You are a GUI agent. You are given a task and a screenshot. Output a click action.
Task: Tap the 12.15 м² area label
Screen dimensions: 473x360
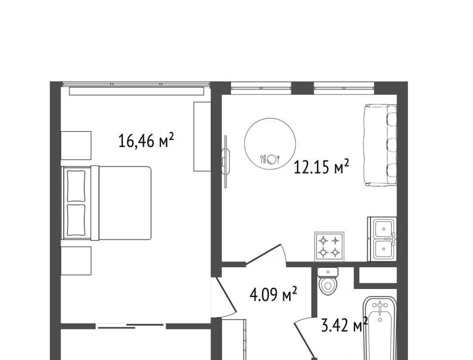[321, 167]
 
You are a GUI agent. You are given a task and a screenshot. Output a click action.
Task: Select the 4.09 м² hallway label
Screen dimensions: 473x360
[273, 294]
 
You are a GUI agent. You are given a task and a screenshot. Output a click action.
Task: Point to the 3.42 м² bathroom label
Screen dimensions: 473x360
[344, 325]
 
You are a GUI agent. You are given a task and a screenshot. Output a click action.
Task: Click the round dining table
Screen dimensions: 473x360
[270, 144]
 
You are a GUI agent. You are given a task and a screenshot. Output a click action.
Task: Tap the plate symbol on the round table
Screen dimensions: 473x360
[271, 159]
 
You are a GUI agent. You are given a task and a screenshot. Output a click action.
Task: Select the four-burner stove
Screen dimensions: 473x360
[329, 246]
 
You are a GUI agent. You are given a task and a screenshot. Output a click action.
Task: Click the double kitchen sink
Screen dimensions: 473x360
[382, 239]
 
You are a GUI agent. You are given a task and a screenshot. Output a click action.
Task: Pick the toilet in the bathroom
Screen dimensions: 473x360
[328, 281]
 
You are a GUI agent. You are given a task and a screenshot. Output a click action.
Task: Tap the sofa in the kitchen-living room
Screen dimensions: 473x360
[380, 145]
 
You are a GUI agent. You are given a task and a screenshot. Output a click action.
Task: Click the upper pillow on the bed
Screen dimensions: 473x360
[76, 186]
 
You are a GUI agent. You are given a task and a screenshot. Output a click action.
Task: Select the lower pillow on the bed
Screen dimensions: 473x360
[76, 220]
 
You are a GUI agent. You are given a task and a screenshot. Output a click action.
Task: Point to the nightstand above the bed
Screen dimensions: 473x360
[76, 145]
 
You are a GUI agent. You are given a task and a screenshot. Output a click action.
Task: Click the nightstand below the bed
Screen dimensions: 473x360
[76, 261]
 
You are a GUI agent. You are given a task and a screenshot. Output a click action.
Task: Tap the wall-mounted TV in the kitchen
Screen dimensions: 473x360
[226, 162]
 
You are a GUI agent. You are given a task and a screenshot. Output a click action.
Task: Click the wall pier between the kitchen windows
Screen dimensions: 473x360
[303, 88]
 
